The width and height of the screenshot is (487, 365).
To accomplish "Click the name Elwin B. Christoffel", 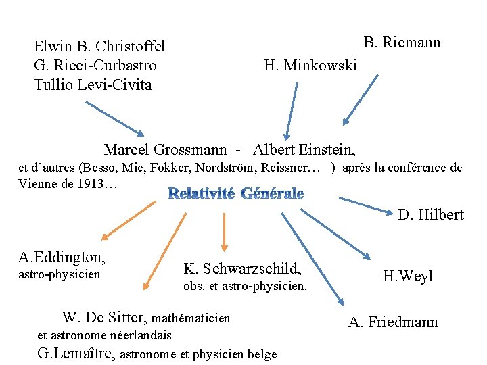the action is (99, 47).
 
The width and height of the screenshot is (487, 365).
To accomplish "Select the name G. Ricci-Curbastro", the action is (95, 66).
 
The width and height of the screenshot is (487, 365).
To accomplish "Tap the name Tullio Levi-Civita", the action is (93, 85).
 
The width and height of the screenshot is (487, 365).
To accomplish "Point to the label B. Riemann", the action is (402, 43).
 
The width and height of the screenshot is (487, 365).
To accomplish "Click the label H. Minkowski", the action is (310, 66).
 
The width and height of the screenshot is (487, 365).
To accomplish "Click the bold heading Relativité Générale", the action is (235, 193).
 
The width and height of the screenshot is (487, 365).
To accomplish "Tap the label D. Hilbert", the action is (431, 215).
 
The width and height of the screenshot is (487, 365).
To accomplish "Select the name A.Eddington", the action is (62, 257).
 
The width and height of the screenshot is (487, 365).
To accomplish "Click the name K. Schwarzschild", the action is (242, 268).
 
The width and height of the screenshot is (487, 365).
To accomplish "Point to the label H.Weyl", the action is (408, 276).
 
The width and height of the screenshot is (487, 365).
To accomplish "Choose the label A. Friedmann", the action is (393, 322).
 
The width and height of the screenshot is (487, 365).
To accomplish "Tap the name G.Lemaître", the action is (76, 352).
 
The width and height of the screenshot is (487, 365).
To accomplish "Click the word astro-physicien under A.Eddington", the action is (59, 274).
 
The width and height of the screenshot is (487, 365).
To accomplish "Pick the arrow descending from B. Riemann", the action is (361, 100).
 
